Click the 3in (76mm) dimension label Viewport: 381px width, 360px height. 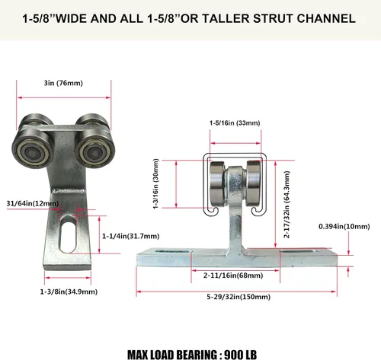63,83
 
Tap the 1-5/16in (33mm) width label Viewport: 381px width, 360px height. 235,123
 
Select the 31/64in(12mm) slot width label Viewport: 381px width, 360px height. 33,203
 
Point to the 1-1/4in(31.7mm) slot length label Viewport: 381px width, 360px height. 131,236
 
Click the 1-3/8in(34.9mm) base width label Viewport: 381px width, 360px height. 69,292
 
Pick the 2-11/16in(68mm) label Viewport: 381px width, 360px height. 233,276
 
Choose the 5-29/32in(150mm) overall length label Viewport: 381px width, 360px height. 239,297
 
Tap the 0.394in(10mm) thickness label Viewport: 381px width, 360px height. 344,226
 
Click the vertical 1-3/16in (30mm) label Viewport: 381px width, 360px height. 156,184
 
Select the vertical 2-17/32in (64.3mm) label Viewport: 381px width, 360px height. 287,204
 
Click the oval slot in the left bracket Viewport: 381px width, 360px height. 68,234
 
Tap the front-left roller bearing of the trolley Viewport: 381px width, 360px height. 33,149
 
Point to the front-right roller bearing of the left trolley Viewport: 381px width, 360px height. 95,150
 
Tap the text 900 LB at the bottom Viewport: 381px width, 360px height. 240,355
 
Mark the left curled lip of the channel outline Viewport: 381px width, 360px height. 213,211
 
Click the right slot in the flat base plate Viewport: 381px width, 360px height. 299,252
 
